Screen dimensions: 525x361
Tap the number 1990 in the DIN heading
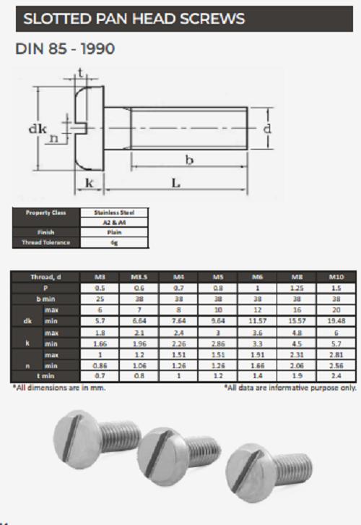94,51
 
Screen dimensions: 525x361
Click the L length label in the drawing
175,184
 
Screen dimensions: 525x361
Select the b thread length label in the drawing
189,161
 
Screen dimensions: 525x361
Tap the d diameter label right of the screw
268,128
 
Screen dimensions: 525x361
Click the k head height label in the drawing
90,183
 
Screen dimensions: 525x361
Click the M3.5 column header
139,277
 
